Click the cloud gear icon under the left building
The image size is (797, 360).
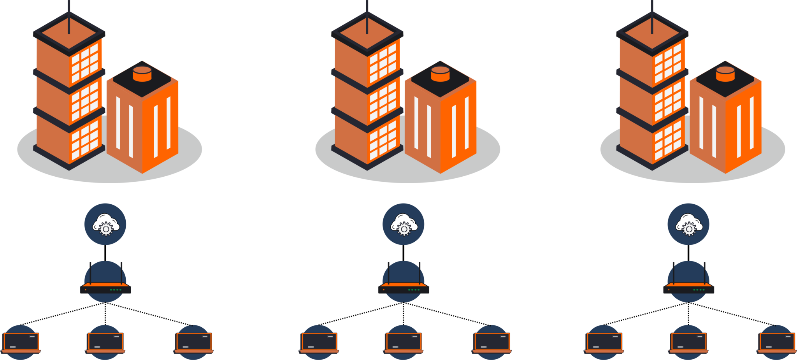[x=105, y=224]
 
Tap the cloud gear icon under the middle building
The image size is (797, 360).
[x=403, y=224]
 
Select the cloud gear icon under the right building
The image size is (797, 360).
[x=688, y=224]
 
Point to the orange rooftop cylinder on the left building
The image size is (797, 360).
[x=142, y=74]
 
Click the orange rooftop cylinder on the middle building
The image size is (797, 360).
[x=440, y=74]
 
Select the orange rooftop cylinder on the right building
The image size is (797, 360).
[x=725, y=74]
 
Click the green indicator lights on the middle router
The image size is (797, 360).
[x=413, y=290]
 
